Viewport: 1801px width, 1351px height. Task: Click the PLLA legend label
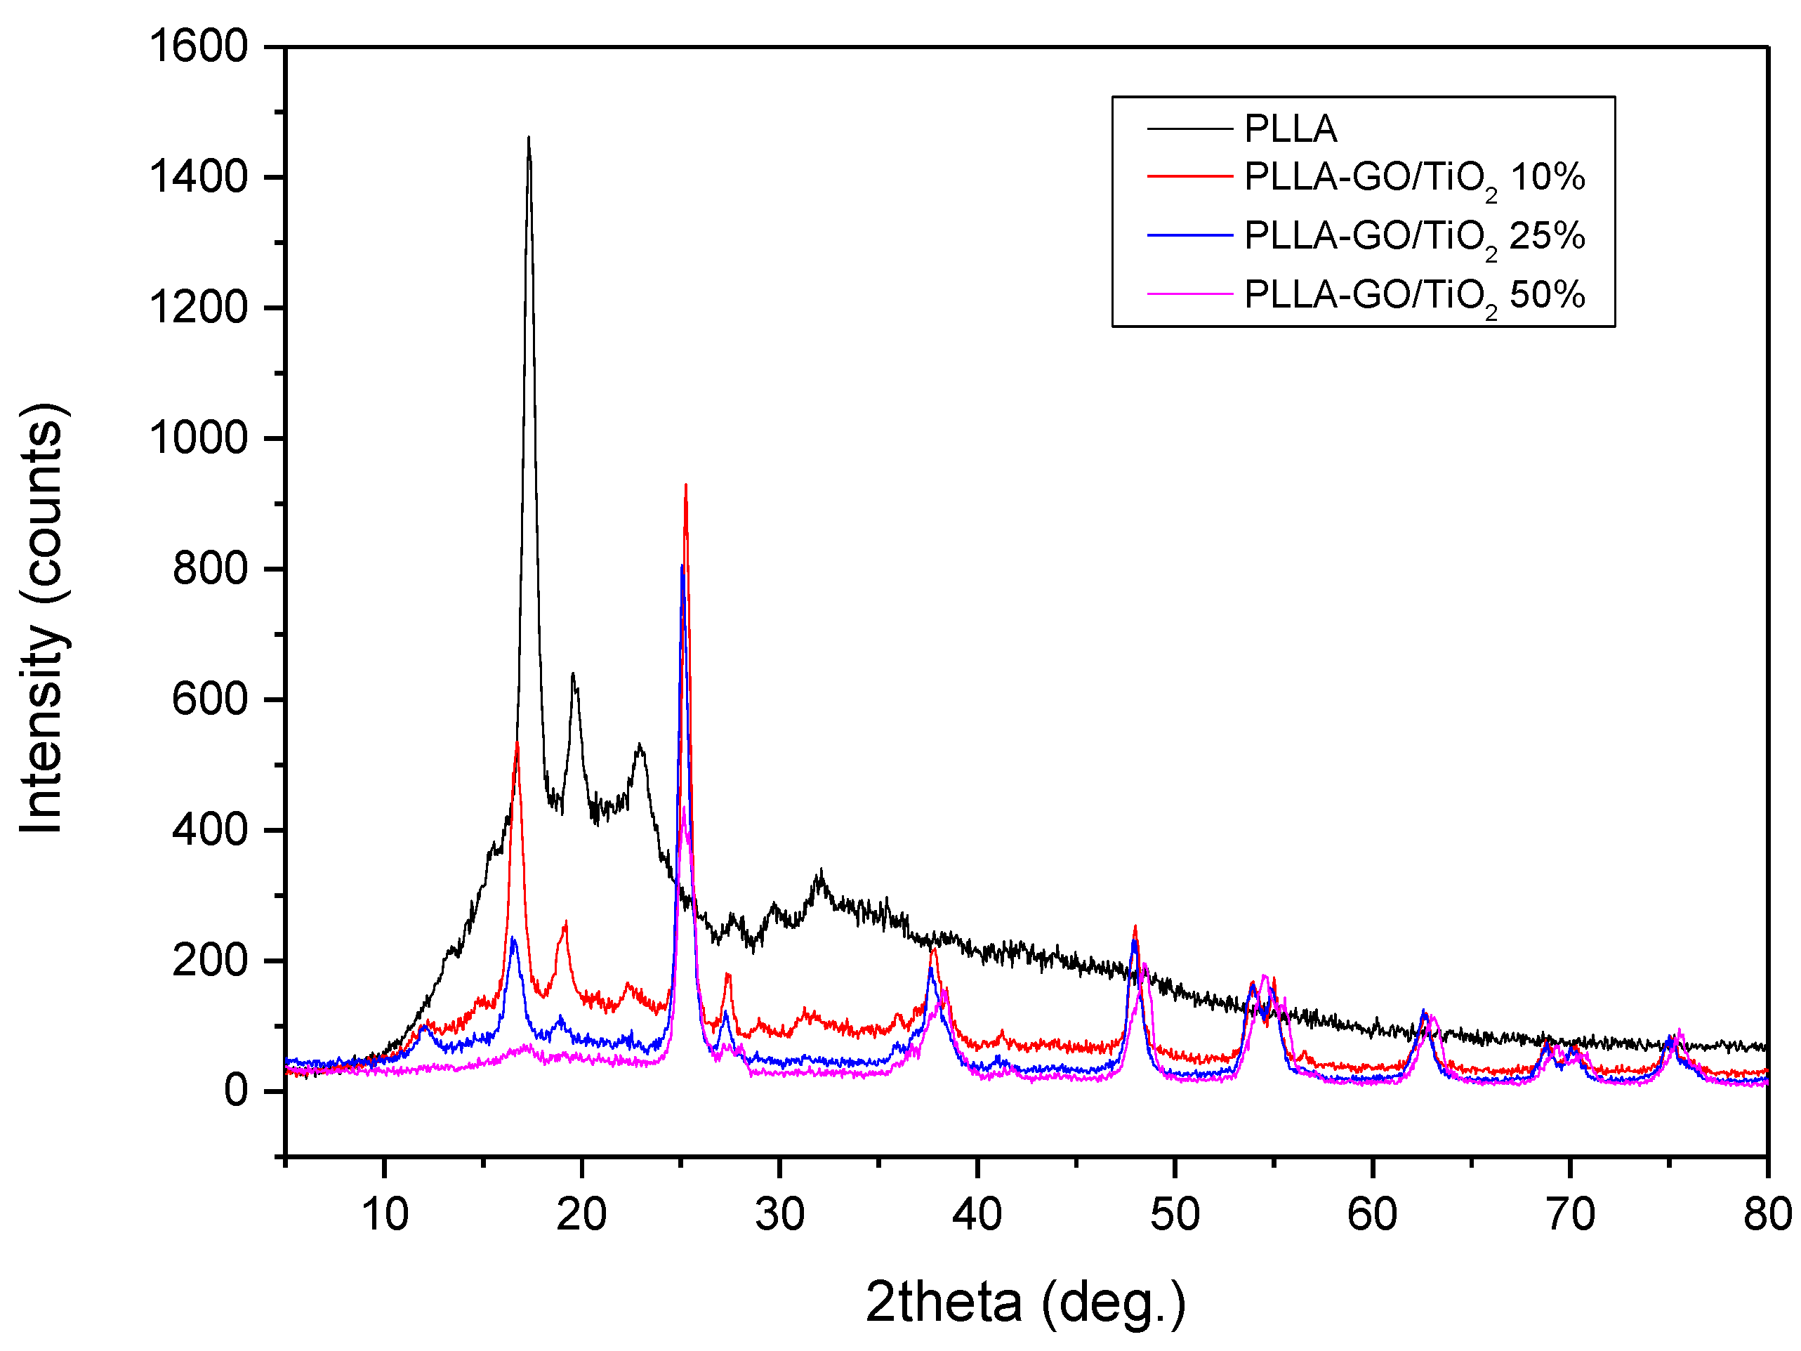pos(1291,128)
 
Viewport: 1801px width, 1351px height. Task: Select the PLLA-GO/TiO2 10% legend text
pos(1414,178)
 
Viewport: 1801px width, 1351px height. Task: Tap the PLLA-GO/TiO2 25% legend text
pos(1414,237)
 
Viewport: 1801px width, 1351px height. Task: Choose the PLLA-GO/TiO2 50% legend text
pos(1414,296)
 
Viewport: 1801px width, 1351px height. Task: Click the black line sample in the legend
pos(1189,128)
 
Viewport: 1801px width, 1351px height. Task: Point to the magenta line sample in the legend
pos(1189,294)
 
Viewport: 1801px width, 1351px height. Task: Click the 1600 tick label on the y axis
pos(198,46)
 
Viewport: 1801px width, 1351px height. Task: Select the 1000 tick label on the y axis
pos(198,438)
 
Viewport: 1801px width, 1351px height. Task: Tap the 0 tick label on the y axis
pos(236,1090)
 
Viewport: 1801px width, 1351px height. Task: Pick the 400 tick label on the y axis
pos(209,830)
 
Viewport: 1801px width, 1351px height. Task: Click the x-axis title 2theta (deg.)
pos(1025,1301)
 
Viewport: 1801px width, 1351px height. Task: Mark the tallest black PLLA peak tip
pos(529,138)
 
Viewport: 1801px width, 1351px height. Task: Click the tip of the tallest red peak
pos(685,485)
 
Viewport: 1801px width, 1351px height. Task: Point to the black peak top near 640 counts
pos(572,673)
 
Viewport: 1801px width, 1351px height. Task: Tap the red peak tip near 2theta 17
pos(516,744)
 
